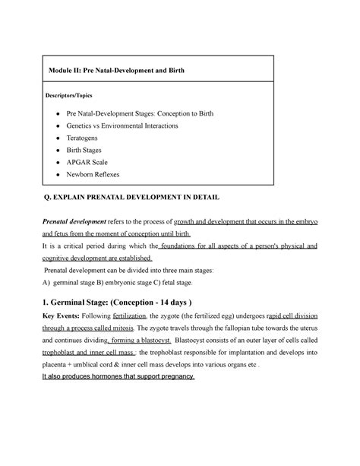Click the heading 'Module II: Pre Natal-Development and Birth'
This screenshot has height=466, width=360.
click(113, 71)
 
